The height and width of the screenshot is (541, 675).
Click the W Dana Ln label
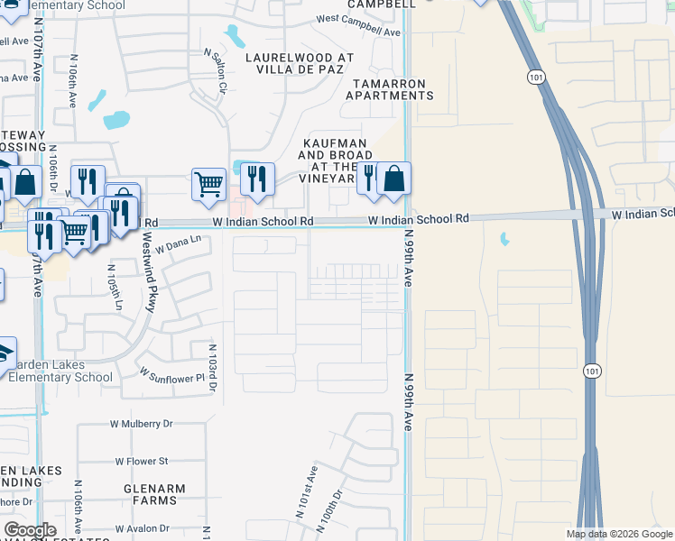[x=177, y=243]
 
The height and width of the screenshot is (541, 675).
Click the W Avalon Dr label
[x=139, y=528]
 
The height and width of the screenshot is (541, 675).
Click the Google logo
[x=30, y=530]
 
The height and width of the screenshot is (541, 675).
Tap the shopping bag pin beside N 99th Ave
[x=394, y=179]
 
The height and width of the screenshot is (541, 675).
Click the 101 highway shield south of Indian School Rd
[x=591, y=371]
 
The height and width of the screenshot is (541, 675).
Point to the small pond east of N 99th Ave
[x=504, y=240]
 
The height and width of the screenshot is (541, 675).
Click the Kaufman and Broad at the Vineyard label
[x=334, y=155]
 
